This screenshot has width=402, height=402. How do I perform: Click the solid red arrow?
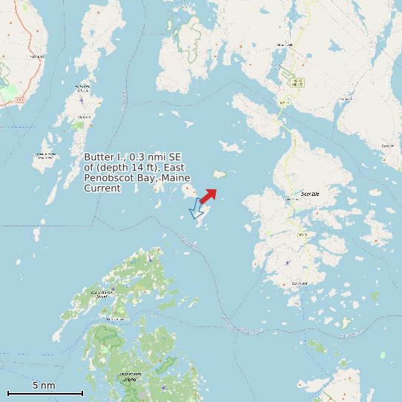[208, 195]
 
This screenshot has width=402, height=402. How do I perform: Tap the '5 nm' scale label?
[44, 386]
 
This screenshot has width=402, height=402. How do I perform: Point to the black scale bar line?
[45, 393]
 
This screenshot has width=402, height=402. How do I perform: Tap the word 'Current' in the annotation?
[102, 189]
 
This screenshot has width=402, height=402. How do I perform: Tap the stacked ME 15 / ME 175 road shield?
[297, 82]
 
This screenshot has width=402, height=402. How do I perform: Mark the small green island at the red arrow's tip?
[220, 175]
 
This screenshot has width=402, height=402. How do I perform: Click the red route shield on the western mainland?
[20, 99]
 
